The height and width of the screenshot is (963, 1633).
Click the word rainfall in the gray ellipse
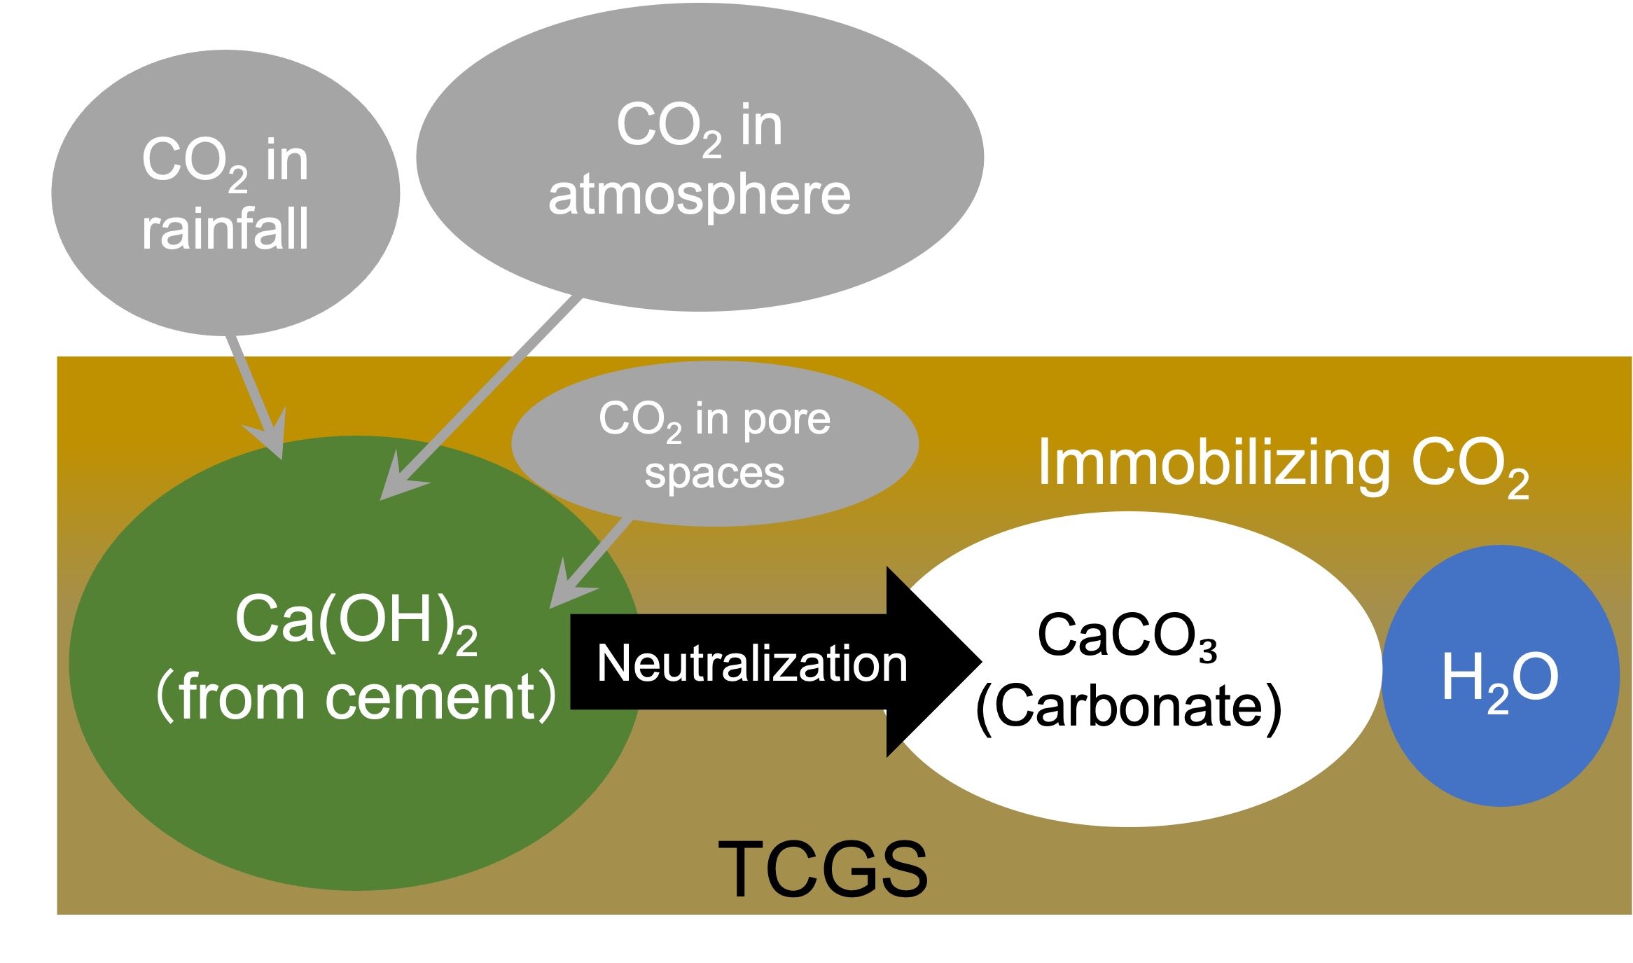point(225,228)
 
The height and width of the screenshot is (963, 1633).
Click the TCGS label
point(824,869)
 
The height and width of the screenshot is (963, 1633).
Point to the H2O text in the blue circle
point(1499,678)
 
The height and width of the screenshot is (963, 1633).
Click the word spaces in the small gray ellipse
point(714,473)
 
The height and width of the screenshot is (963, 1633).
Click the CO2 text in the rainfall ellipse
point(195,162)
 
